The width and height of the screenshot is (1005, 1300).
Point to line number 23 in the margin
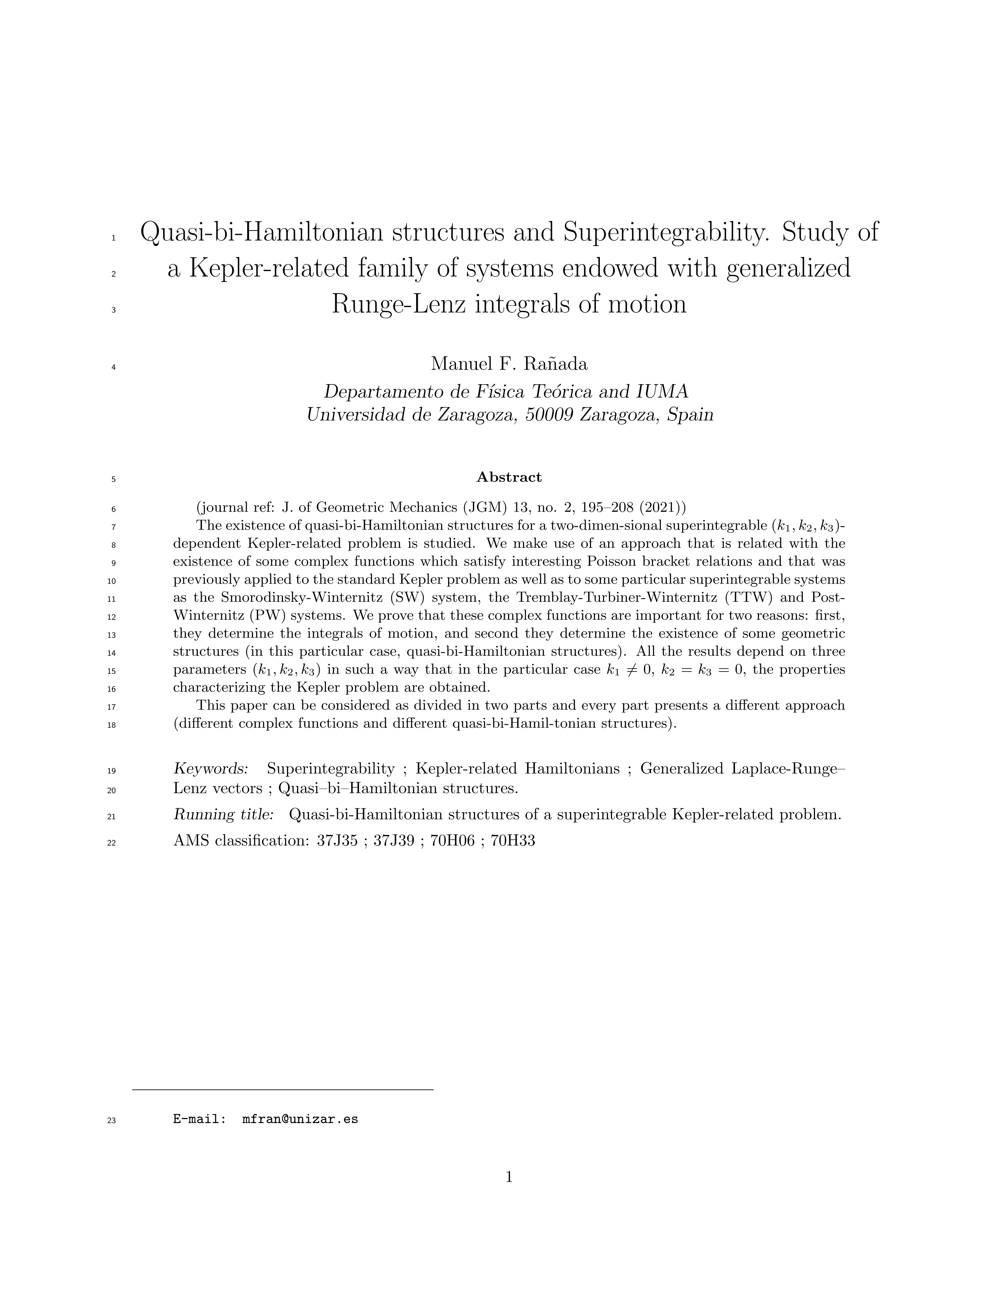click(x=111, y=1121)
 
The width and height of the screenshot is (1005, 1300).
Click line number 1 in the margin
click(x=113, y=238)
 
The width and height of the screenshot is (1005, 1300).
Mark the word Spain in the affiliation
click(x=690, y=415)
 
